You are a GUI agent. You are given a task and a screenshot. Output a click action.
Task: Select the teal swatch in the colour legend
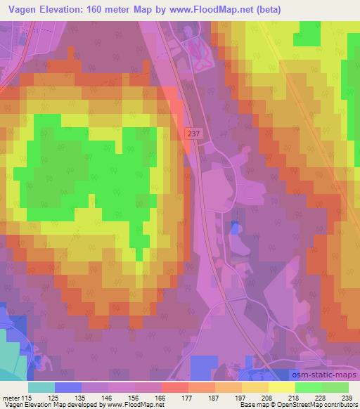(x=41, y=387)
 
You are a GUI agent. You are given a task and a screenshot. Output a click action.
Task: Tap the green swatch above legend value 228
(x=308, y=387)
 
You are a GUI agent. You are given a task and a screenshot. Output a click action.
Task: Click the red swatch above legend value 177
(x=174, y=387)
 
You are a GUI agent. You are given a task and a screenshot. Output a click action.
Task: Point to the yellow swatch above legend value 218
(x=281, y=387)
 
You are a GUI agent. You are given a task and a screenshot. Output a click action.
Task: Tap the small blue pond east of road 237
(x=234, y=226)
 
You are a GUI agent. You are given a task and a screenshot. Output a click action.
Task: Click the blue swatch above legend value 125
(x=68, y=387)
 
